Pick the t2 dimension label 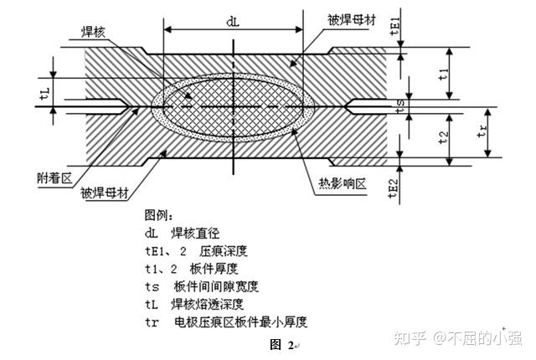click(443, 135)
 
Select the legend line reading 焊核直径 click(195, 232)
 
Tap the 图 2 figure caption click(282, 344)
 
